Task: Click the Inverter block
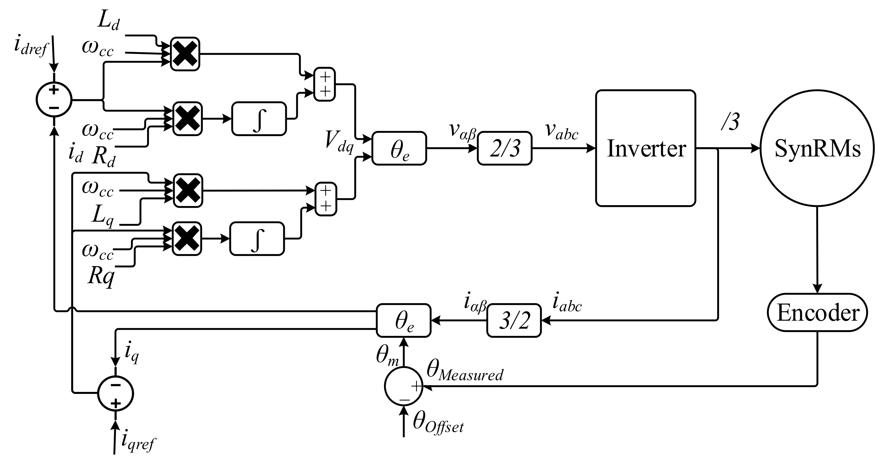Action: (x=645, y=148)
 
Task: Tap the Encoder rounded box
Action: (x=817, y=313)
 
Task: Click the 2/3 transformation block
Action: (x=504, y=148)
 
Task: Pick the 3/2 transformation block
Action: (x=514, y=320)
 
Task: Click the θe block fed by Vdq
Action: (x=399, y=148)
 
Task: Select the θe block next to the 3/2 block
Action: (x=403, y=320)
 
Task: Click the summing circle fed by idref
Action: (x=54, y=100)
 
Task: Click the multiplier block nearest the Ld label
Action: (x=185, y=54)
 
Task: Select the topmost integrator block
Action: (x=259, y=118)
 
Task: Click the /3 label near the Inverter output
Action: (x=730, y=122)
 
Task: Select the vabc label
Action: (x=561, y=131)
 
